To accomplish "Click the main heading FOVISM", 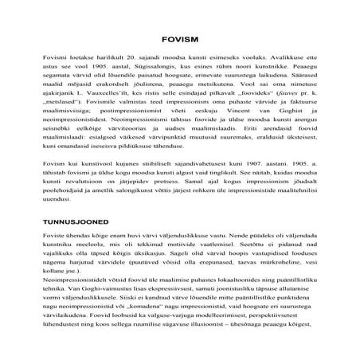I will click(179, 37).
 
